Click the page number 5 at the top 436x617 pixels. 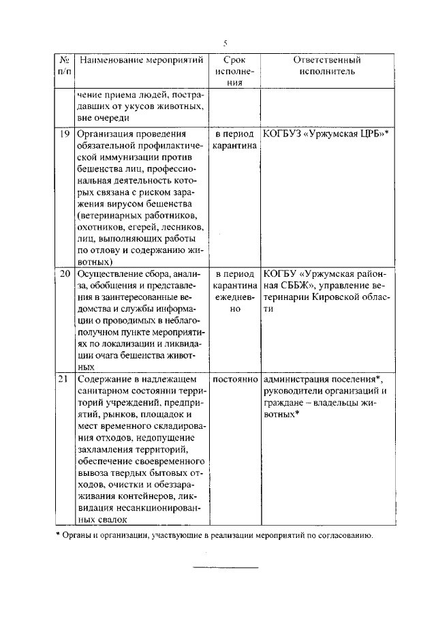pos(225,43)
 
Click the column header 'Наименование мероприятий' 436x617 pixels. pos(142,60)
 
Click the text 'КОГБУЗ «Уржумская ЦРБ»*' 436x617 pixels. pos(325,134)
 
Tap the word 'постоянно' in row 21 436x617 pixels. pos(235,378)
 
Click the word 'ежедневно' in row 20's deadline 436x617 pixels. pos(235,303)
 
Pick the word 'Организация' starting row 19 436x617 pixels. pos(104,134)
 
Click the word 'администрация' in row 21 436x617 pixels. pos(295,378)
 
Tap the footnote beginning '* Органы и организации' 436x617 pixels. pos(214,535)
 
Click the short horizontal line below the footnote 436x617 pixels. pos(225,567)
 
